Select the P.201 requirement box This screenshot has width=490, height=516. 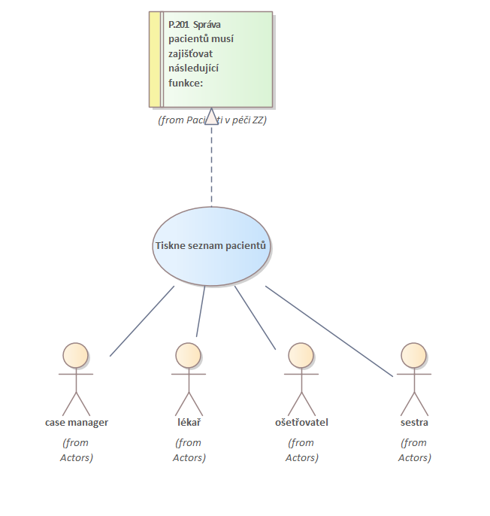[218, 59]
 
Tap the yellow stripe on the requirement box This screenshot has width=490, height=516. [155, 59]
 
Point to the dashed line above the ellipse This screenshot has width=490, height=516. [211, 165]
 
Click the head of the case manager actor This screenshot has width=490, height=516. [75, 355]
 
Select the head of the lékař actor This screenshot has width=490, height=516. [188, 355]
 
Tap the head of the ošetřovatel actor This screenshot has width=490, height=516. [301, 355]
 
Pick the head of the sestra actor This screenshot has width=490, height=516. [413, 355]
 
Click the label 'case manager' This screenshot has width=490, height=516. [76, 422]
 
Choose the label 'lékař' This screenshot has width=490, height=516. [189, 422]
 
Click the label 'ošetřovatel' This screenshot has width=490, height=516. [301, 422]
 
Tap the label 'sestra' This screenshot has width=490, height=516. [414, 422]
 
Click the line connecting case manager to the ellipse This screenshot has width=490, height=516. [141, 320]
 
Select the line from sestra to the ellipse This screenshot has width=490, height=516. [329, 331]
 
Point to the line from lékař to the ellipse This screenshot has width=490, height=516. [201, 311]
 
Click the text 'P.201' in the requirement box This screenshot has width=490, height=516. [179, 24]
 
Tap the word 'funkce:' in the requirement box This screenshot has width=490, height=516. [186, 82]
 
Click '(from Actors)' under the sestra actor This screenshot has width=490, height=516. [414, 450]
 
